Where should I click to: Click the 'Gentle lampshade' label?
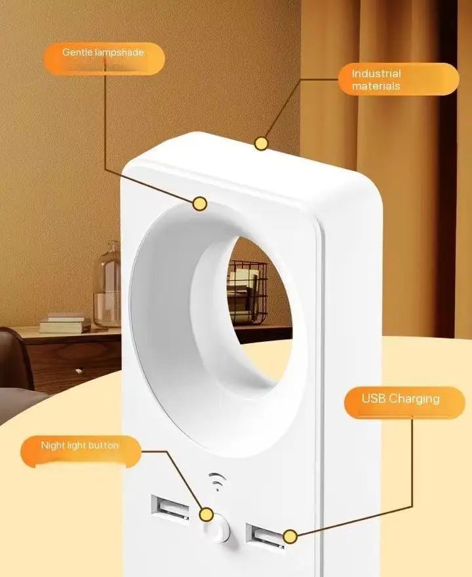tap(104, 52)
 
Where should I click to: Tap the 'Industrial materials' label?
tap(398, 80)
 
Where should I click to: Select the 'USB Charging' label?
tap(401, 399)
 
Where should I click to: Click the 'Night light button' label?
tap(80, 446)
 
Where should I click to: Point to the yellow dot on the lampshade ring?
tap(201, 204)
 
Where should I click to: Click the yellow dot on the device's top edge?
tap(262, 143)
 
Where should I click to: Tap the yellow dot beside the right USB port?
tap(290, 537)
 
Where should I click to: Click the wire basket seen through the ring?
tap(247, 288)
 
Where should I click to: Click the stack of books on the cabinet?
tap(64, 323)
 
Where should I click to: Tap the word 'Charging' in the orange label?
tap(423, 399)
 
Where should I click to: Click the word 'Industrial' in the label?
tap(376, 74)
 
